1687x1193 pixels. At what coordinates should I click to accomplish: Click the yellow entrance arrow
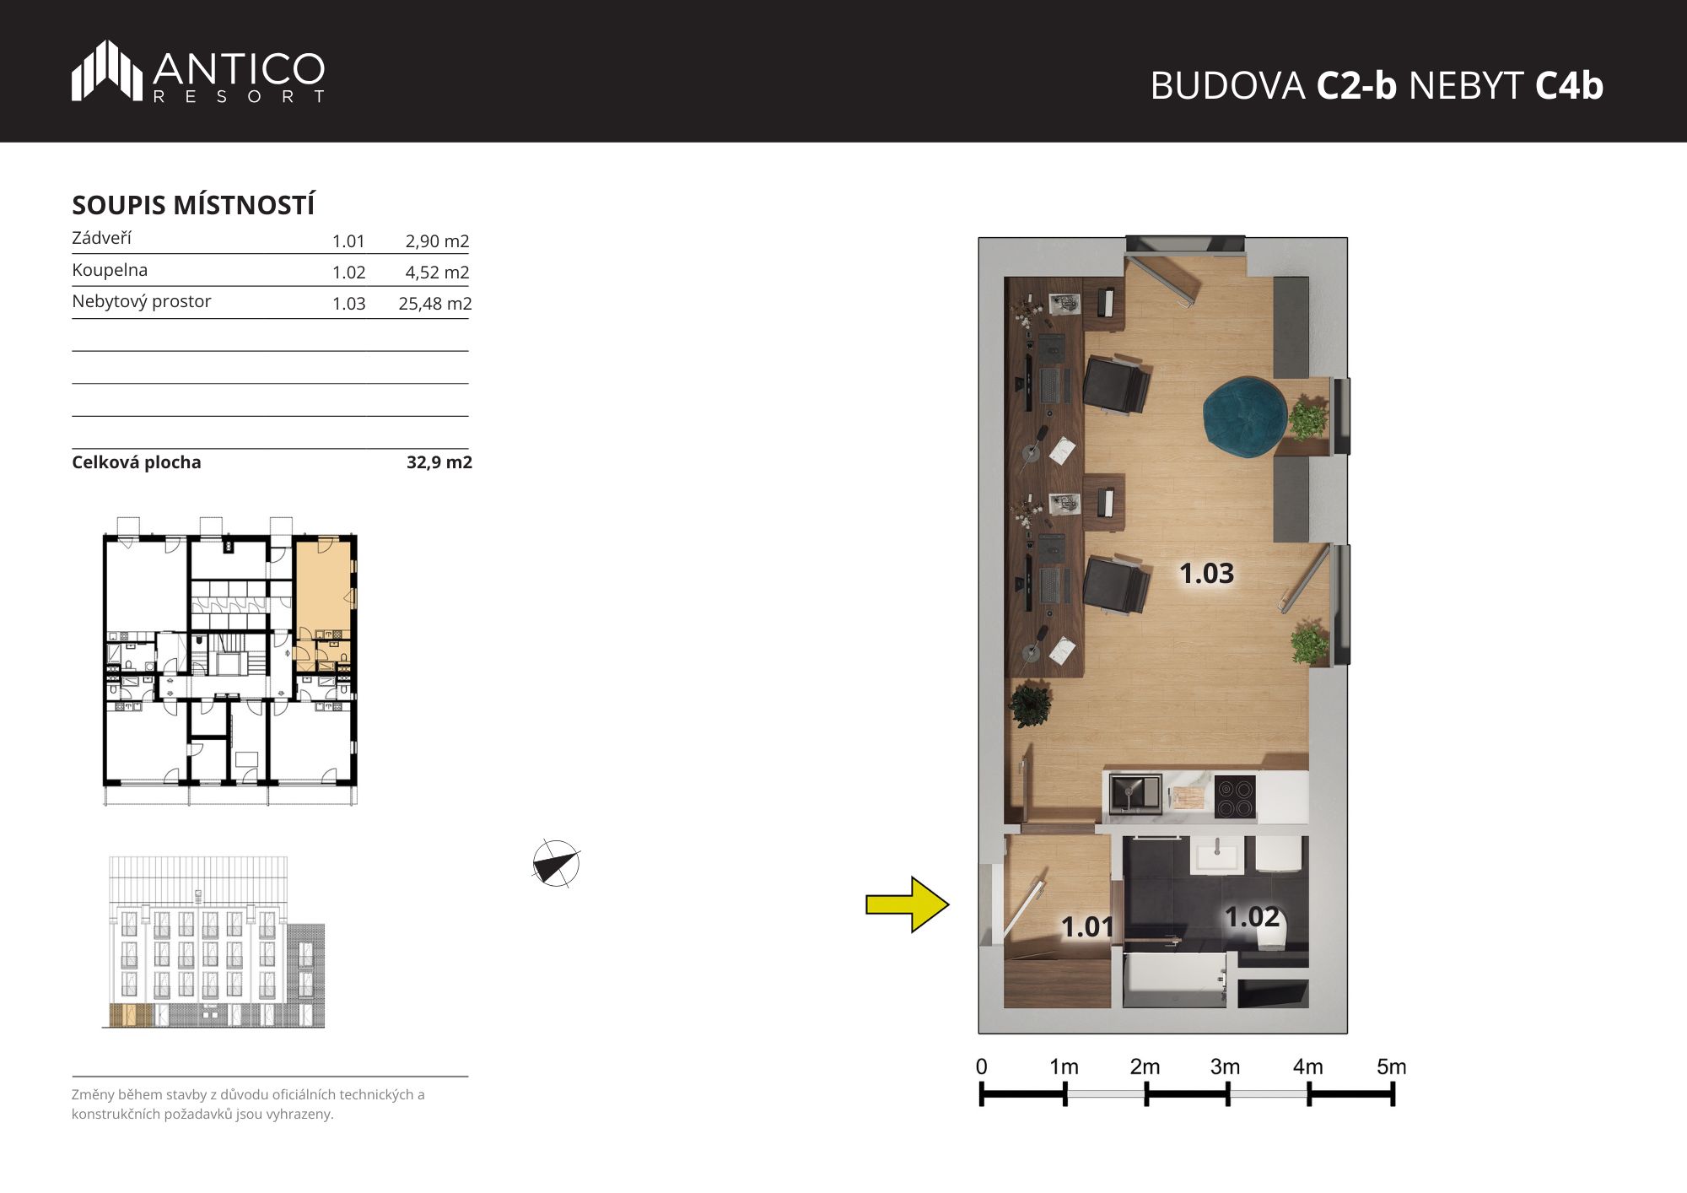(908, 904)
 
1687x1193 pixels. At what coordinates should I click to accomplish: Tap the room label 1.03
(1206, 574)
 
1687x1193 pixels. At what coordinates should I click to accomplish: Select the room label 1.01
(1087, 927)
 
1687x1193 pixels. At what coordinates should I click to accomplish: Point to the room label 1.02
(1252, 917)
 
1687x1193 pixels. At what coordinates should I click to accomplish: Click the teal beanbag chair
(1247, 416)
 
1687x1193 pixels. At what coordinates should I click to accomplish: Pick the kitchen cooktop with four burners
(1235, 796)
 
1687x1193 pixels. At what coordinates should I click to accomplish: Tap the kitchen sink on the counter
(1135, 794)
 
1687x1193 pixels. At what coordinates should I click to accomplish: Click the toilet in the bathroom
(1272, 937)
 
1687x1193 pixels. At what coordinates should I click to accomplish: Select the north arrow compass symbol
(556, 863)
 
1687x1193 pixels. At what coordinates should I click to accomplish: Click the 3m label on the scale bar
(1225, 1066)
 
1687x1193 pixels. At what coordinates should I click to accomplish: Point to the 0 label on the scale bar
(981, 1066)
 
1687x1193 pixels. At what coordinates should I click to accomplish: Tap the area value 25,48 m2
(434, 304)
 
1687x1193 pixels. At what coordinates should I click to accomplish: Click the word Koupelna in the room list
(110, 270)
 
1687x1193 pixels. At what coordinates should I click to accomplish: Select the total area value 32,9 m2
(439, 462)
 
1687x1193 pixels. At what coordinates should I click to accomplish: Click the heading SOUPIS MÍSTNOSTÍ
(193, 205)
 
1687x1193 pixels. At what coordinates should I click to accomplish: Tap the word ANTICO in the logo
(239, 68)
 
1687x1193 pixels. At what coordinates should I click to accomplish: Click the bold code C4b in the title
(1569, 85)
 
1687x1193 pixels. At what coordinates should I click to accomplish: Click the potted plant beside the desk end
(1030, 704)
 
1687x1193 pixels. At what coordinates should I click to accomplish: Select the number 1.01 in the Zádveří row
(348, 241)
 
